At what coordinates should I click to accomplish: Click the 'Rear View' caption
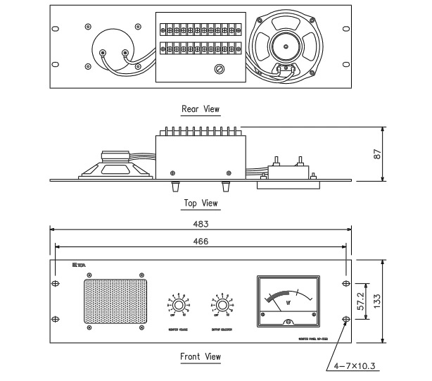[x=201, y=109]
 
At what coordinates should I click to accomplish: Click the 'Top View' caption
[x=201, y=204]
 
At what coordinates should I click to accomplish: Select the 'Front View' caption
[x=201, y=356]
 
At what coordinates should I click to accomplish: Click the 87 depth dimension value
[x=398, y=154]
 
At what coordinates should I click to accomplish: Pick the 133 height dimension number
[x=398, y=299]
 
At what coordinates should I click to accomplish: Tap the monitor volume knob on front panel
[x=179, y=305]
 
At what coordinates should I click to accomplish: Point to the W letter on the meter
[x=288, y=305]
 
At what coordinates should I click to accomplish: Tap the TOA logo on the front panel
[x=78, y=266]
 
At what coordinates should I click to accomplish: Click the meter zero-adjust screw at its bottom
[x=288, y=322]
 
